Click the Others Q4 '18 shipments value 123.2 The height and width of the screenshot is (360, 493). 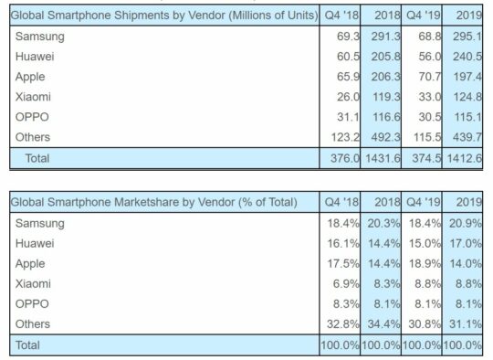click(x=337, y=136)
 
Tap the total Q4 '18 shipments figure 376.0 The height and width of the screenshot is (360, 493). click(x=337, y=158)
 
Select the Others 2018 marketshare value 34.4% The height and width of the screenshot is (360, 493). click(x=381, y=324)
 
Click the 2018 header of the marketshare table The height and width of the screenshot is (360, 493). click(x=381, y=201)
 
